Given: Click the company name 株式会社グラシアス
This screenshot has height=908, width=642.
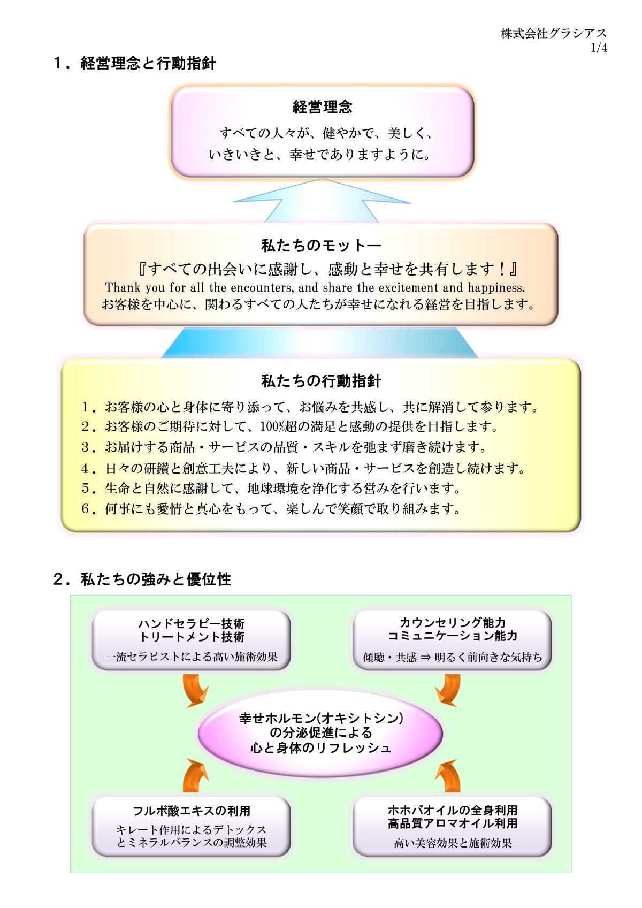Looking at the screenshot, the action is coord(554,33).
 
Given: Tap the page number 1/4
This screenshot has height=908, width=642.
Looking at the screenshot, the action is coord(599,48).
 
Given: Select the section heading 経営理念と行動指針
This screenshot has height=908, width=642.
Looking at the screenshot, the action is coord(148,63).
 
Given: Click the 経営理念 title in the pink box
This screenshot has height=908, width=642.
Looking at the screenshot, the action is coord(322,107).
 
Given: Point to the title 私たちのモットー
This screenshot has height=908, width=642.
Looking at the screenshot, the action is coord(321,245).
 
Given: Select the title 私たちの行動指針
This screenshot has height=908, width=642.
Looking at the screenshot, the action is coord(321,381).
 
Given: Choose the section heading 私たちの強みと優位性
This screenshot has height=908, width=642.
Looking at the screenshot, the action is coord(156,579).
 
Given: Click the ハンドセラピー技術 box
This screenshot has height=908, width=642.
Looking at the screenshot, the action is coord(192,640).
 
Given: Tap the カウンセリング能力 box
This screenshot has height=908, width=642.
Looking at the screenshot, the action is coord(452,640).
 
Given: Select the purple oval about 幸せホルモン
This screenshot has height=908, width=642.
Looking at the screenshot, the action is coord(320,733).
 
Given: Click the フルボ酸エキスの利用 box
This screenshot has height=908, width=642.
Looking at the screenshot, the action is coord(192,827).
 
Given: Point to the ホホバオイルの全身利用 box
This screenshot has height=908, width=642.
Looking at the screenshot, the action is coord(452,827).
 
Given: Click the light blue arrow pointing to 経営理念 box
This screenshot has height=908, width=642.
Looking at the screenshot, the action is coord(322,201).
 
